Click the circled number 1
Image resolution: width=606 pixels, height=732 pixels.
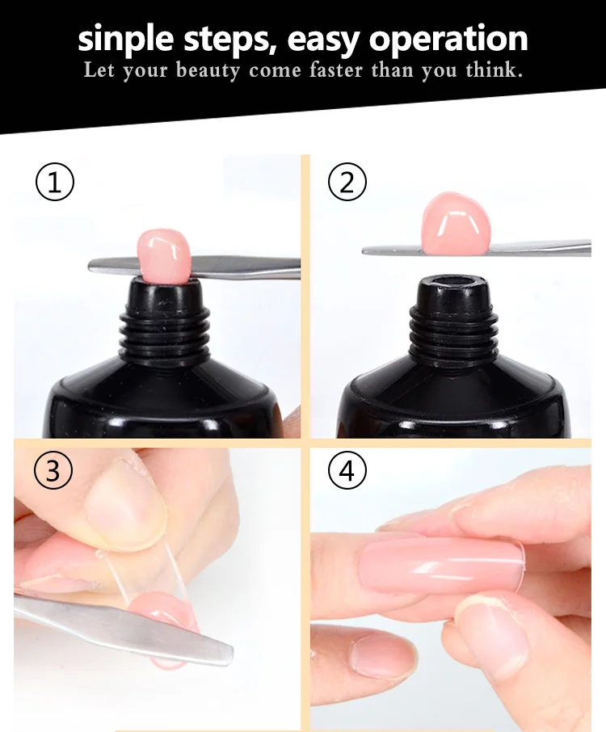click(55, 182)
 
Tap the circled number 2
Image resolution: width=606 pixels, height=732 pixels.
click(347, 182)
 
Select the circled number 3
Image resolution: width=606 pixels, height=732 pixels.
click(53, 470)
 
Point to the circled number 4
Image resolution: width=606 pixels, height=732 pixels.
click(347, 470)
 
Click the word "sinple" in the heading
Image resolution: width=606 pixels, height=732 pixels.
click(125, 40)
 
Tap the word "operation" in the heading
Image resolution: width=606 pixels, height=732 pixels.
click(448, 40)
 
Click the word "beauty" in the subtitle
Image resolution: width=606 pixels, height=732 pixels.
click(208, 71)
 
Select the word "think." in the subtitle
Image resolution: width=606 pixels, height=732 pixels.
click(494, 70)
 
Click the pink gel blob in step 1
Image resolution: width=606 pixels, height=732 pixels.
click(163, 256)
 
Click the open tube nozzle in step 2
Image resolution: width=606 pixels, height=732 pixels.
click(452, 282)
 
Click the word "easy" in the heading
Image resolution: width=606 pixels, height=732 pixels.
click(322, 40)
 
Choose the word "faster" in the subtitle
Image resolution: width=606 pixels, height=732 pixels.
click(335, 70)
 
